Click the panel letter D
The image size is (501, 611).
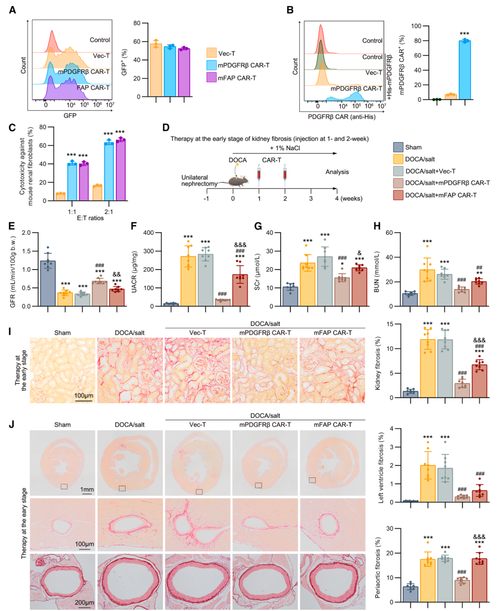[166, 128]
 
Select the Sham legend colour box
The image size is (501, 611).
[398, 147]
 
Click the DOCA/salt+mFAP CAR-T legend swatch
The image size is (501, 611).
[398, 195]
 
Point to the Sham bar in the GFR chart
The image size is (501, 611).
[47, 283]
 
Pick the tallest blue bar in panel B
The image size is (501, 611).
[464, 70]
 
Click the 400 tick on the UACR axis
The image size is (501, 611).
[148, 233]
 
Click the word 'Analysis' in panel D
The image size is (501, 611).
[337, 172]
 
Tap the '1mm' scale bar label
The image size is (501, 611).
[87, 489]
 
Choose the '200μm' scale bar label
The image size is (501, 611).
[84, 602]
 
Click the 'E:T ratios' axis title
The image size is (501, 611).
[90, 218]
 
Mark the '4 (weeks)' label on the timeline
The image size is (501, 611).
[349, 199]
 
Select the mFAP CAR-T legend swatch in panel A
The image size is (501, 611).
[212, 77]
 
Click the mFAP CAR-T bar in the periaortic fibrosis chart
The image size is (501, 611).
[479, 580]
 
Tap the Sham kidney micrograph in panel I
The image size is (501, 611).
[63, 370]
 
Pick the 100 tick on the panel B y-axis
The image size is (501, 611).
[416, 26]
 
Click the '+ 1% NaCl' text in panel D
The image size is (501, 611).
[285, 148]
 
